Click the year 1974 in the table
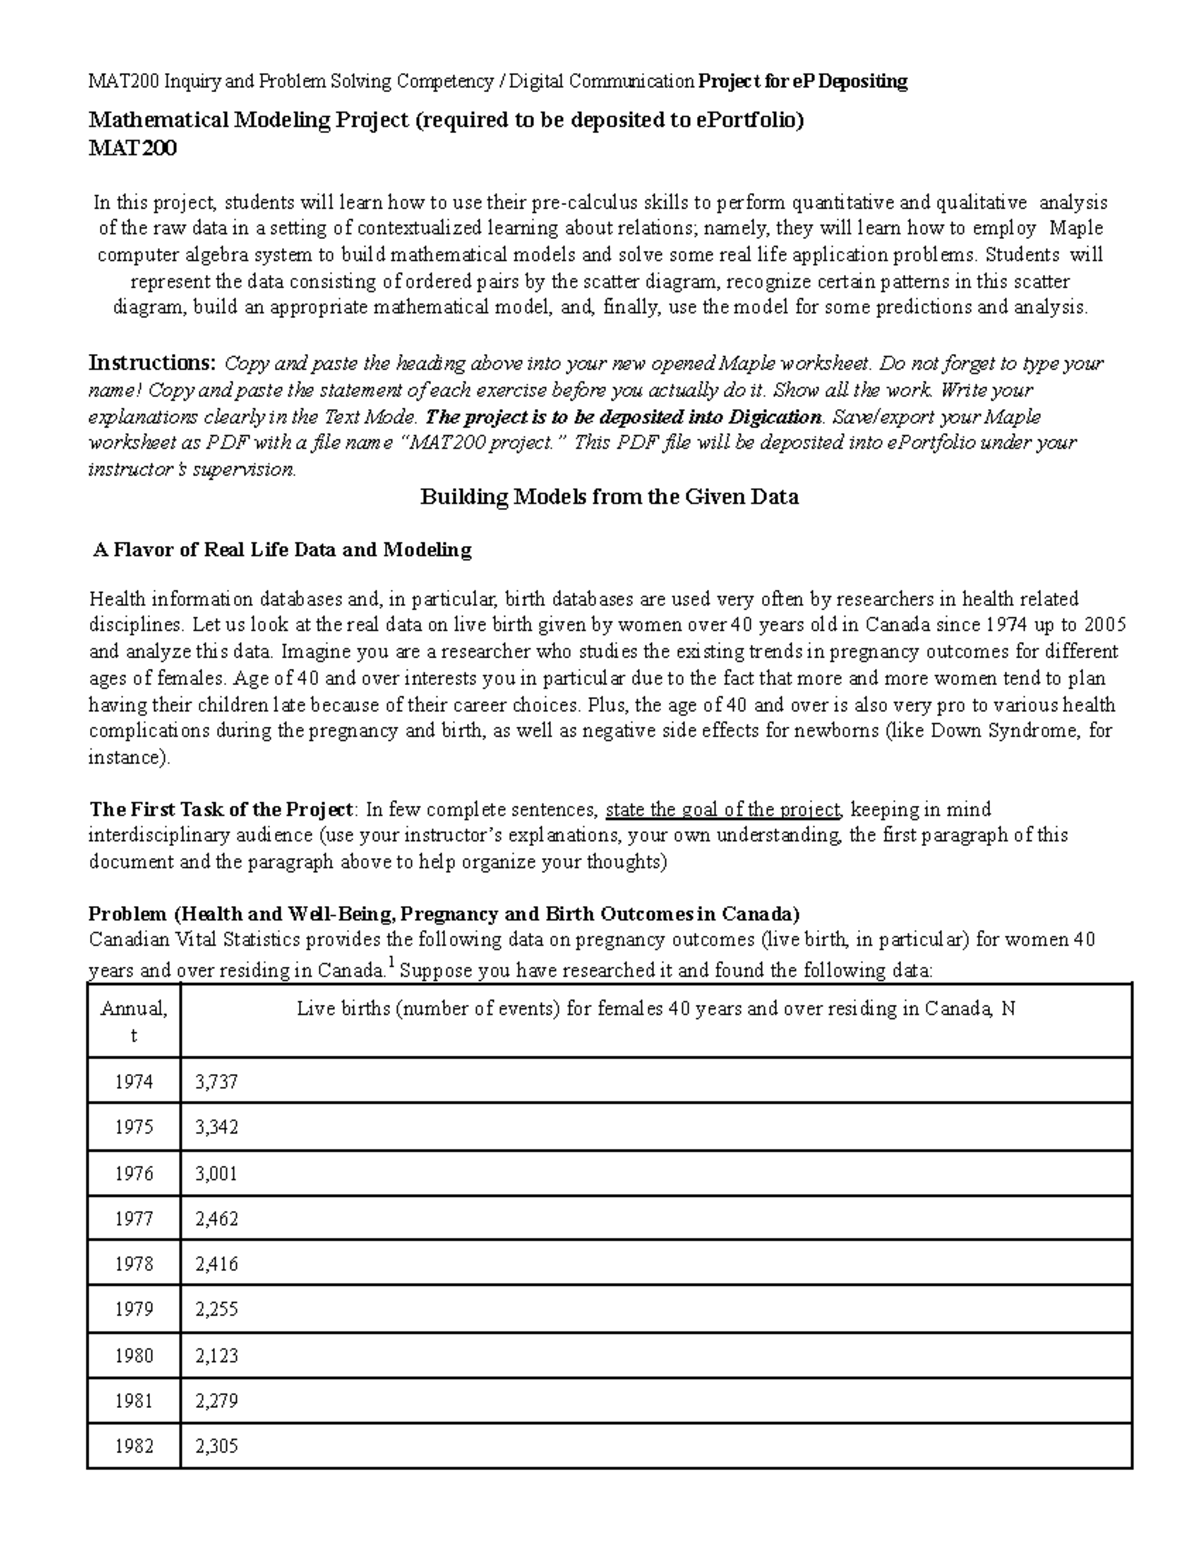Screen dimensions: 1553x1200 pos(134,1082)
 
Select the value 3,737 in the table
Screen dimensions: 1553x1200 pos(217,1082)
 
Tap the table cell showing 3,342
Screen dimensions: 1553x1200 pos(217,1127)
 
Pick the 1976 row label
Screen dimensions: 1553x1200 pos(134,1173)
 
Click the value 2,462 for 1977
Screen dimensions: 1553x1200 pos(217,1219)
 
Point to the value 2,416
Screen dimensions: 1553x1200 pos(217,1264)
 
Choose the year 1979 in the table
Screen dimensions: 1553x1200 pos(134,1310)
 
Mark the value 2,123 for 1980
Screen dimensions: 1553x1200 pos(217,1356)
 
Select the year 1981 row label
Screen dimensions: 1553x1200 pos(134,1401)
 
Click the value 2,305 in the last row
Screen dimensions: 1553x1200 pos(217,1446)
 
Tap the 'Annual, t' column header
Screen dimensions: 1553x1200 pos(134,1021)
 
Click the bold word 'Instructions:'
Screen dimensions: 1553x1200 pos(153,363)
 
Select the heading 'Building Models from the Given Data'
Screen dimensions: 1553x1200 pos(609,497)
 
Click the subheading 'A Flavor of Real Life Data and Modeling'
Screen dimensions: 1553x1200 pos(282,550)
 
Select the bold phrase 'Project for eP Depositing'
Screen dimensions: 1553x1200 pos(803,82)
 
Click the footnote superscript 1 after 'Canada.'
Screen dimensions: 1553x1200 pos(390,964)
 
